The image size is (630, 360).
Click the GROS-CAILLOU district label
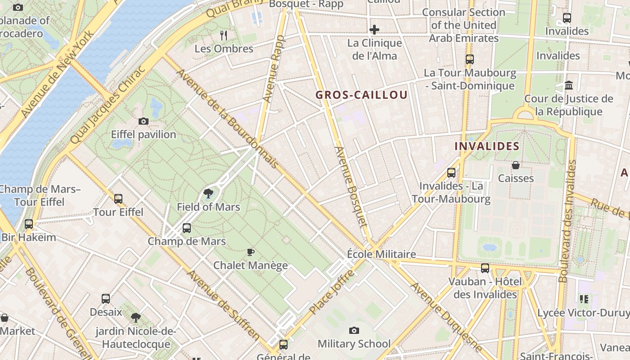click(361, 95)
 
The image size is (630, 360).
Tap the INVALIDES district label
click(487, 146)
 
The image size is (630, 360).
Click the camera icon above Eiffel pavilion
click(144, 121)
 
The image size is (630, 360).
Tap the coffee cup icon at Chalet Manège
click(251, 252)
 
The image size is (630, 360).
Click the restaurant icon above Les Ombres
click(224, 35)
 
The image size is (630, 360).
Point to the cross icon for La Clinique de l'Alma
click(374, 30)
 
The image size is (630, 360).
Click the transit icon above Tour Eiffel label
click(118, 198)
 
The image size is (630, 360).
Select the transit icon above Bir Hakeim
click(29, 224)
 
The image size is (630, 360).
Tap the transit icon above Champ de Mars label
click(187, 228)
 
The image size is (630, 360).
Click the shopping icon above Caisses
click(516, 165)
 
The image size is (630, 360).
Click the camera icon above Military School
click(354, 331)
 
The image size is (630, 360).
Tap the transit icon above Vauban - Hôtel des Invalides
click(485, 268)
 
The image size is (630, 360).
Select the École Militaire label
click(381, 254)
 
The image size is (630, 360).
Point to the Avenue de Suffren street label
click(224, 305)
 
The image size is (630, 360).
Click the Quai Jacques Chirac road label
click(108, 105)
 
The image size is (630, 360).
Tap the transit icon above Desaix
click(106, 298)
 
